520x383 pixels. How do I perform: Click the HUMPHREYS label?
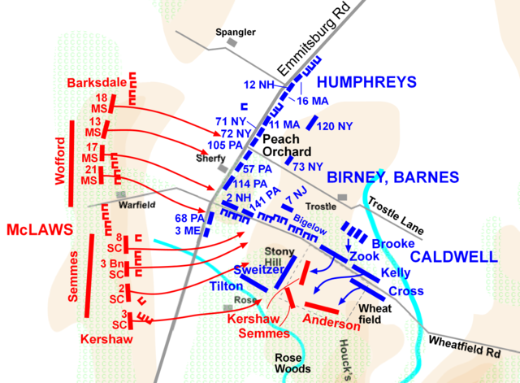click(x=366, y=82)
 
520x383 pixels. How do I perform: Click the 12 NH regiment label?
click(x=260, y=85)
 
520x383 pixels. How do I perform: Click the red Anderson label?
click(x=331, y=323)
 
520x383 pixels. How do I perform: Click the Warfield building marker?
click(x=122, y=195)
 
